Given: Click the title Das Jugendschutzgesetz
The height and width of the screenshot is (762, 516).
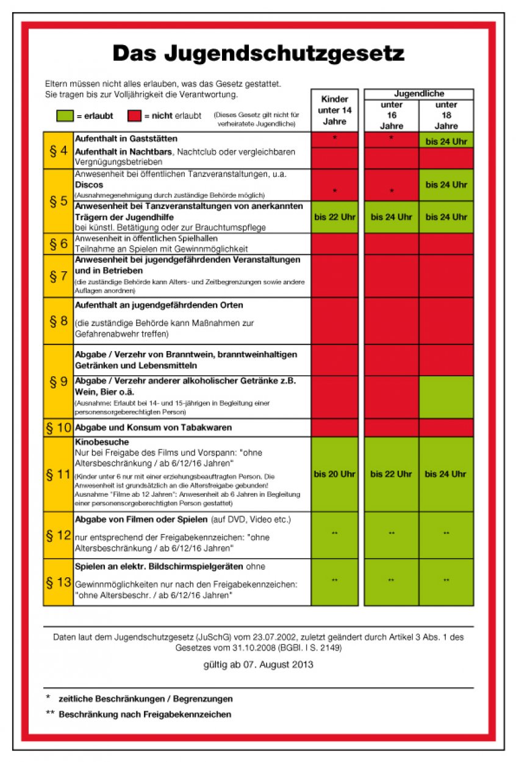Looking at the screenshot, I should (258, 54).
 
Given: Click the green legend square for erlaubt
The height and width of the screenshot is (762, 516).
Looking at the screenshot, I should (65, 116).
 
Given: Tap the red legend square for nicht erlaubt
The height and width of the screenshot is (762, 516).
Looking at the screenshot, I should (135, 116).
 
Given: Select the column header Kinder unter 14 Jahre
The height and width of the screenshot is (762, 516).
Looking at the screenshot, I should (334, 110).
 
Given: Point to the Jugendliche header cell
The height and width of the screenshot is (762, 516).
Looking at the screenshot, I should (419, 94).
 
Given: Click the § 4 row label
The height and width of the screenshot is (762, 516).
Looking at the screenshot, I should (59, 150).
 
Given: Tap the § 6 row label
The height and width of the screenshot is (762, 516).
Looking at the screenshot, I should (59, 244).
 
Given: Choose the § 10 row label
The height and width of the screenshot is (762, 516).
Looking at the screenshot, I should (59, 428).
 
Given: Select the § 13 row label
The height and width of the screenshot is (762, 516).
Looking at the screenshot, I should (59, 582).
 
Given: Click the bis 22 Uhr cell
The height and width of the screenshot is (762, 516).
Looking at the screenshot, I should (334, 217).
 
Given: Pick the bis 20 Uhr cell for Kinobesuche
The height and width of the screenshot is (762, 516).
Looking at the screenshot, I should (334, 474).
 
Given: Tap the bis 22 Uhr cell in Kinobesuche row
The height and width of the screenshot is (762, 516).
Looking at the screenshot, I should (391, 474).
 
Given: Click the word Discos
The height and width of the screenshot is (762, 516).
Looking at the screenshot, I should (89, 185).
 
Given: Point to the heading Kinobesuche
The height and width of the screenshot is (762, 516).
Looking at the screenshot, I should (102, 442).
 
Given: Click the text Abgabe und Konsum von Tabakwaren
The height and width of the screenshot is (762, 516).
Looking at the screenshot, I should (153, 428).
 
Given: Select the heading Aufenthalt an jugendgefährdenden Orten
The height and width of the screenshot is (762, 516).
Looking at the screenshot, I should (159, 305).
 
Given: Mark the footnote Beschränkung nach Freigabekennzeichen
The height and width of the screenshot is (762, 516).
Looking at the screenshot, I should (145, 714).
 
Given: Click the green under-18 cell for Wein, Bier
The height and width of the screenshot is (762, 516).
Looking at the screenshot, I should (446, 396).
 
